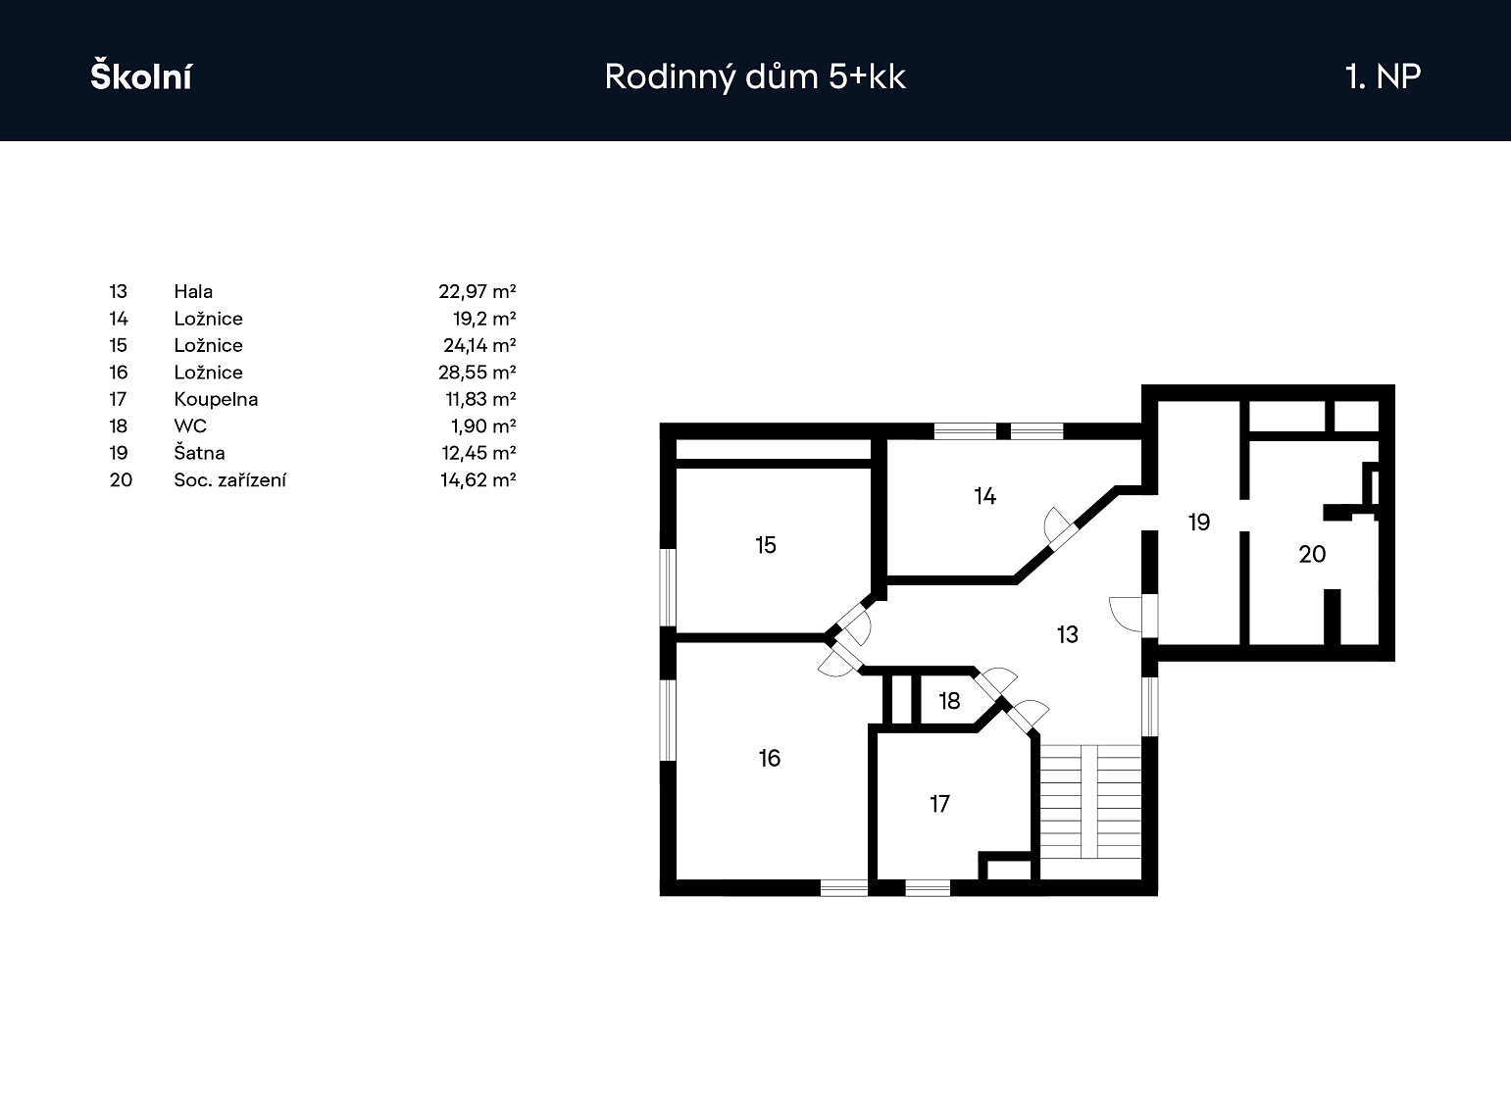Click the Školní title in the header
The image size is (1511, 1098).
click(140, 76)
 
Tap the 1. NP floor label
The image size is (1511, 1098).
click(1383, 76)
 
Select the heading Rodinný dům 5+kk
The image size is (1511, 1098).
click(755, 76)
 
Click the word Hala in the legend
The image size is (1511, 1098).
click(193, 291)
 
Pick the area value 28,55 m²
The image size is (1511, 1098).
click(477, 373)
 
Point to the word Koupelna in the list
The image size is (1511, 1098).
click(216, 399)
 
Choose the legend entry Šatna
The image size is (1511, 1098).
click(199, 453)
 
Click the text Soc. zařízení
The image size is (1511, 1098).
click(230, 480)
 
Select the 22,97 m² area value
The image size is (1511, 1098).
click(477, 291)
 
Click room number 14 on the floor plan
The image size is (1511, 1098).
click(985, 496)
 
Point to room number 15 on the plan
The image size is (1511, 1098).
click(766, 545)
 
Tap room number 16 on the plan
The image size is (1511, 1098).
click(770, 758)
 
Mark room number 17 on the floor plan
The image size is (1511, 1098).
click(939, 805)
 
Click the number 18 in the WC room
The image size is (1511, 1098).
click(949, 701)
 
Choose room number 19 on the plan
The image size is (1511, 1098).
click(1199, 523)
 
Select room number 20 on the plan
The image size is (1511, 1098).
click(1312, 555)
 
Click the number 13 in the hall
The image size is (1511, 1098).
click(1068, 634)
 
